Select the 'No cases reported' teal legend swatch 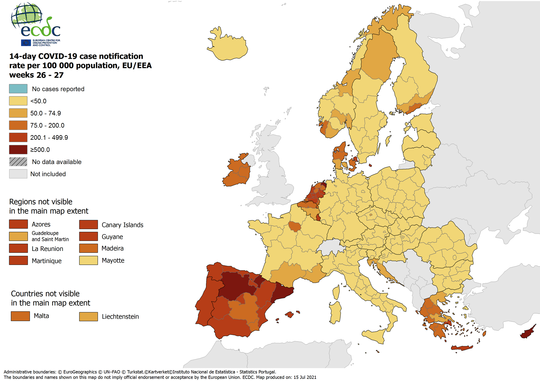18,89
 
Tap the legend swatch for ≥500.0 18,149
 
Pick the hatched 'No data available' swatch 18,162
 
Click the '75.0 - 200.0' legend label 47,125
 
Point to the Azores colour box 18,224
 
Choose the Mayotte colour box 88,260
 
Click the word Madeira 112,248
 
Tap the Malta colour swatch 20,316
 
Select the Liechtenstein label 120,317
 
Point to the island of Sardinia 336,312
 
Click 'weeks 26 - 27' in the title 36,75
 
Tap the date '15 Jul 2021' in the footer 305,377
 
